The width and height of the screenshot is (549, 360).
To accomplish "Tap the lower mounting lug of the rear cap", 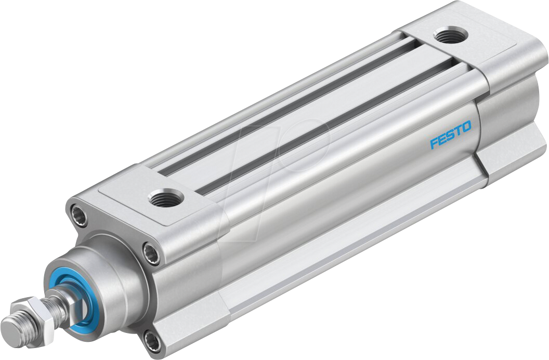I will [x=507, y=156].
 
